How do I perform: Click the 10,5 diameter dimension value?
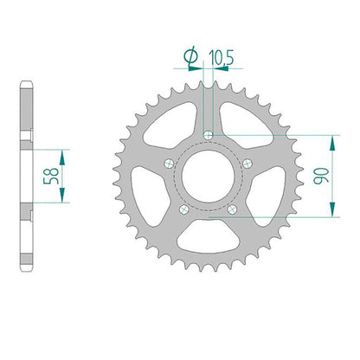click(222, 58)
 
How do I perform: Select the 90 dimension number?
click(321, 176)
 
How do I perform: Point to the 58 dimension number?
click(51, 176)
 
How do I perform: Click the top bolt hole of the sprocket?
click(209, 135)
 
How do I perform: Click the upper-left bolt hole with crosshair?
click(169, 164)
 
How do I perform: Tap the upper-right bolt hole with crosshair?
click(247, 164)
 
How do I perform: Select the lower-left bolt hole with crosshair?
click(183, 209)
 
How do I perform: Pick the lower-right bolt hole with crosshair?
click(232, 209)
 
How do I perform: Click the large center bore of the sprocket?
click(208, 177)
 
